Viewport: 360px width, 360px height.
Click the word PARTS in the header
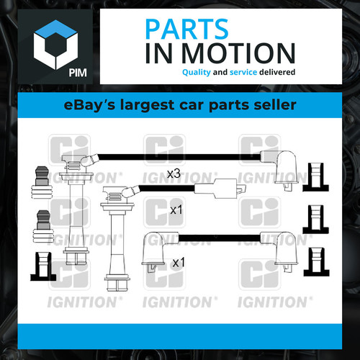tap(186, 29)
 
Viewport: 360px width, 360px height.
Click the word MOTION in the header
tap(238, 53)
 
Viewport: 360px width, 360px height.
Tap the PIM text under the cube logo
tap(78, 73)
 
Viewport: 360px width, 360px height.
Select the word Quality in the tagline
tap(197, 72)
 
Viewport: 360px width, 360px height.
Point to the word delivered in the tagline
tap(277, 72)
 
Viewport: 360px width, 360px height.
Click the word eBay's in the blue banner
tap(90, 105)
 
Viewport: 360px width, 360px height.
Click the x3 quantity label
tap(174, 174)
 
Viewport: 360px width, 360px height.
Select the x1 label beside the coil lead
tap(176, 210)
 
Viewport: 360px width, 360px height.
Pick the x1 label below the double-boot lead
tap(179, 262)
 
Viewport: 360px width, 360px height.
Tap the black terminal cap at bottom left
tap(43, 266)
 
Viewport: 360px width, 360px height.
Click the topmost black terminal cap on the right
tap(315, 177)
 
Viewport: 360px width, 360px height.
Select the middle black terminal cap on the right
tap(315, 220)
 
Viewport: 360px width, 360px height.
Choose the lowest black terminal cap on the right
tap(316, 262)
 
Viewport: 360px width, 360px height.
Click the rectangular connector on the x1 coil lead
tap(220, 189)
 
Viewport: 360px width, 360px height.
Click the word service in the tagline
tap(243, 72)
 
